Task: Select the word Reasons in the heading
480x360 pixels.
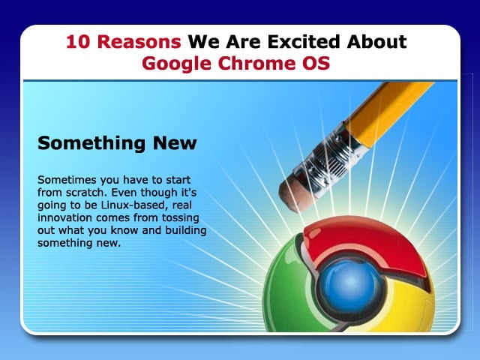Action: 139,42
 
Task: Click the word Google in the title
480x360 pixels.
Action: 177,64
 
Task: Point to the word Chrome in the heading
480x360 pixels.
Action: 253,63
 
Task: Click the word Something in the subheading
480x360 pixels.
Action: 91,143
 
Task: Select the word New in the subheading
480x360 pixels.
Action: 175,143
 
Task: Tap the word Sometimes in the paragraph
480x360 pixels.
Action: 67,180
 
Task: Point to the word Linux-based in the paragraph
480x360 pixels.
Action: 134,205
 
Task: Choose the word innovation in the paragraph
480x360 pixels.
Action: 65,217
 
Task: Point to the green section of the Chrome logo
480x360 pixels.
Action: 285,288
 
